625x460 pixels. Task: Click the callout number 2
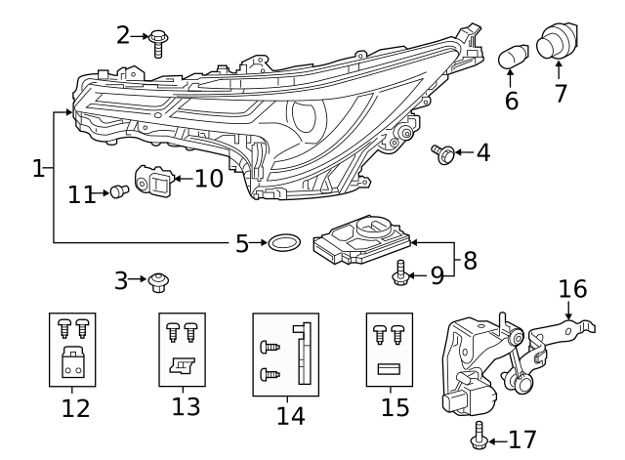coord(123,35)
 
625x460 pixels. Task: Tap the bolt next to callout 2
coord(157,41)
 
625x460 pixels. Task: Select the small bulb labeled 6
coord(512,59)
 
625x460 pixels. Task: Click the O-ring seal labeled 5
coord(283,242)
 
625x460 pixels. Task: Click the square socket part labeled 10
coord(157,182)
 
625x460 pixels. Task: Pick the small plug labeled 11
coord(119,192)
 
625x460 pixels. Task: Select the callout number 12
coord(74,408)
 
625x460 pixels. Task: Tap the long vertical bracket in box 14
coord(305,354)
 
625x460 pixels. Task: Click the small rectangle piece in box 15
coord(389,369)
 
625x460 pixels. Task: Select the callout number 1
coord(38,169)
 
